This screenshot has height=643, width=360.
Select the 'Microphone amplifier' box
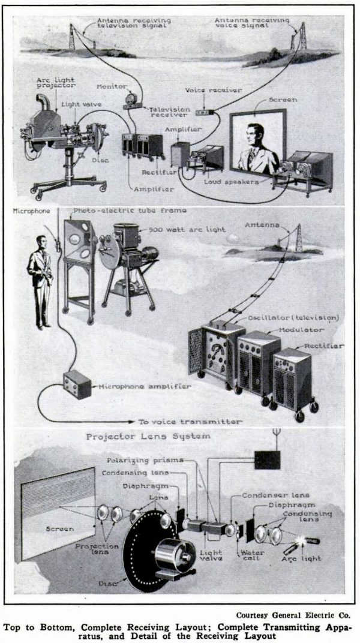tap(77, 384)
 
